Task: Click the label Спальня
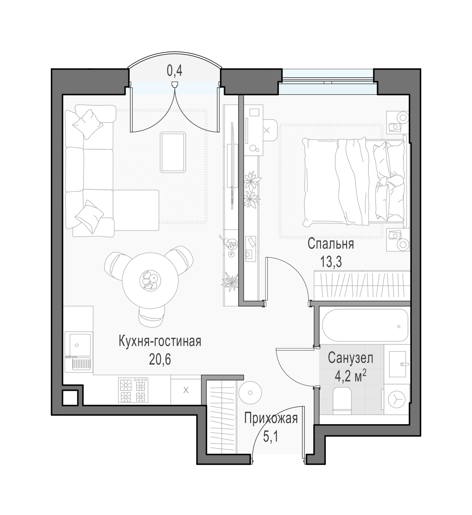(331, 244)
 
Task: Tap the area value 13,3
(331, 262)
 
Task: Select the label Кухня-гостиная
(160, 342)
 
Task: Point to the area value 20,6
(160, 360)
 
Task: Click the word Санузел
(350, 358)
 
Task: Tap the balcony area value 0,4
(175, 71)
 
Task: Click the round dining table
(150, 280)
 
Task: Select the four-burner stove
(133, 390)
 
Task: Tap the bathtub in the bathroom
(365, 325)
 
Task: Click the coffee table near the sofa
(173, 152)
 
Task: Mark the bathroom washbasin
(398, 364)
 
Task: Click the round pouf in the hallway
(250, 393)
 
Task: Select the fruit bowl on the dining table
(150, 281)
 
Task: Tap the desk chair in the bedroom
(270, 130)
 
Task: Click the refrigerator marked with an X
(186, 390)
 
